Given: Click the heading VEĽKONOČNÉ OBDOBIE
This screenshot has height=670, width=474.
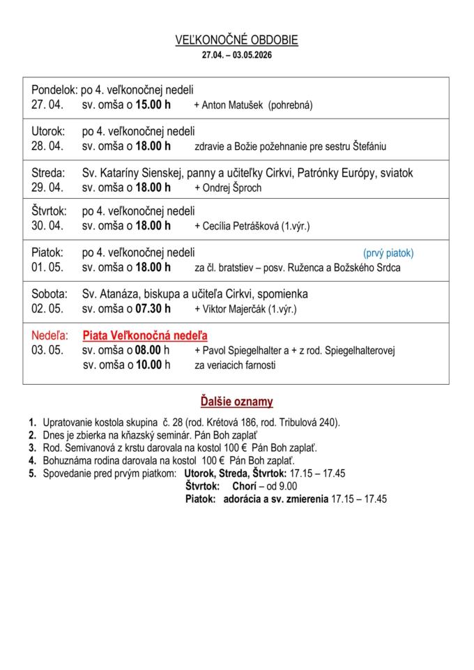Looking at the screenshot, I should pyautogui.click(x=236, y=40).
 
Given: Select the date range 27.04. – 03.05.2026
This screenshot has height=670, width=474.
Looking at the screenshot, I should pyautogui.click(x=236, y=54).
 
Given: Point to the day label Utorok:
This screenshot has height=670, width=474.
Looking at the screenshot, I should pyautogui.click(x=48, y=131).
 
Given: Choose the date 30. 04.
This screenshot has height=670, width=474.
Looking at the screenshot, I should pyautogui.click(x=47, y=226).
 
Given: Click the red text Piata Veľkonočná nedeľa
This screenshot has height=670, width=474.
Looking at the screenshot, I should pyautogui.click(x=145, y=335).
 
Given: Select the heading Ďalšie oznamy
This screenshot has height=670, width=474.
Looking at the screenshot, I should pyautogui.click(x=236, y=402).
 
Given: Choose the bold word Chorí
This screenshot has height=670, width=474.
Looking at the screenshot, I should pyautogui.click(x=245, y=486).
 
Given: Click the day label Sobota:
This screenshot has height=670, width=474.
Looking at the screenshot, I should pyautogui.click(x=49, y=294).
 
